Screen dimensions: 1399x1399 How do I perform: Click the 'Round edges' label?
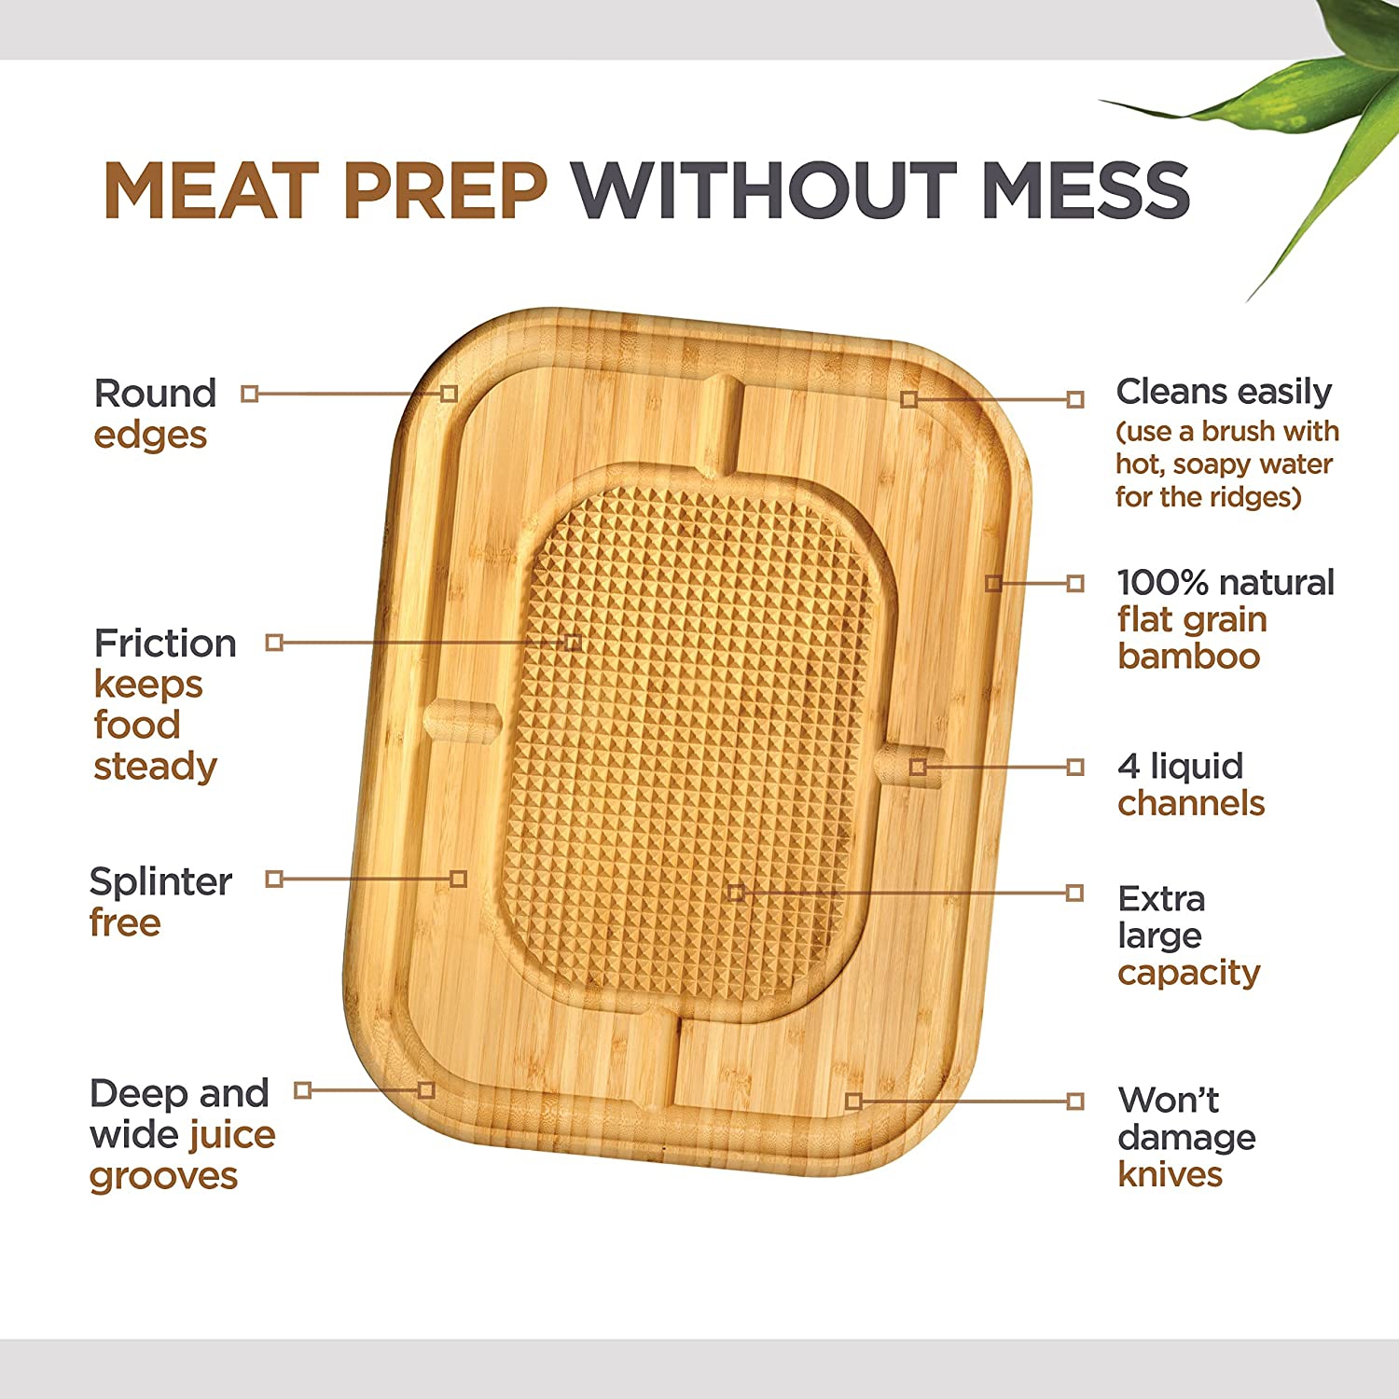coord(154,414)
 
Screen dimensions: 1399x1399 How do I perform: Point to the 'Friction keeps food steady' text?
coord(164,704)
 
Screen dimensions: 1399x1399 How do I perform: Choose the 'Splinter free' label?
coord(159,902)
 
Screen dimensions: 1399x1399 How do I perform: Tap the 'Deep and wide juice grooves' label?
coord(182,1134)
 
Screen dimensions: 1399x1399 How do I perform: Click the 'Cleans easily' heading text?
coord(1224,392)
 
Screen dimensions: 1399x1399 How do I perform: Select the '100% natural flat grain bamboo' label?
coord(1225,619)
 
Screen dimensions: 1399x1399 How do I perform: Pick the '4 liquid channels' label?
coord(1190,784)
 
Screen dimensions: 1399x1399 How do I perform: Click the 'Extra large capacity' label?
coord(1188,935)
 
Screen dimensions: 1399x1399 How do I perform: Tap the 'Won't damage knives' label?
coord(1185,1137)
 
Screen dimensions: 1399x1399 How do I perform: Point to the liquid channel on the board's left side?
coord(463,721)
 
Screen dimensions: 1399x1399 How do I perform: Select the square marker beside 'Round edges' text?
coord(249,394)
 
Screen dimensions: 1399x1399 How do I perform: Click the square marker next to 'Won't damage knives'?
coord(1075,1101)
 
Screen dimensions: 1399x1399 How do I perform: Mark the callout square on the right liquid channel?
coord(919,767)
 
